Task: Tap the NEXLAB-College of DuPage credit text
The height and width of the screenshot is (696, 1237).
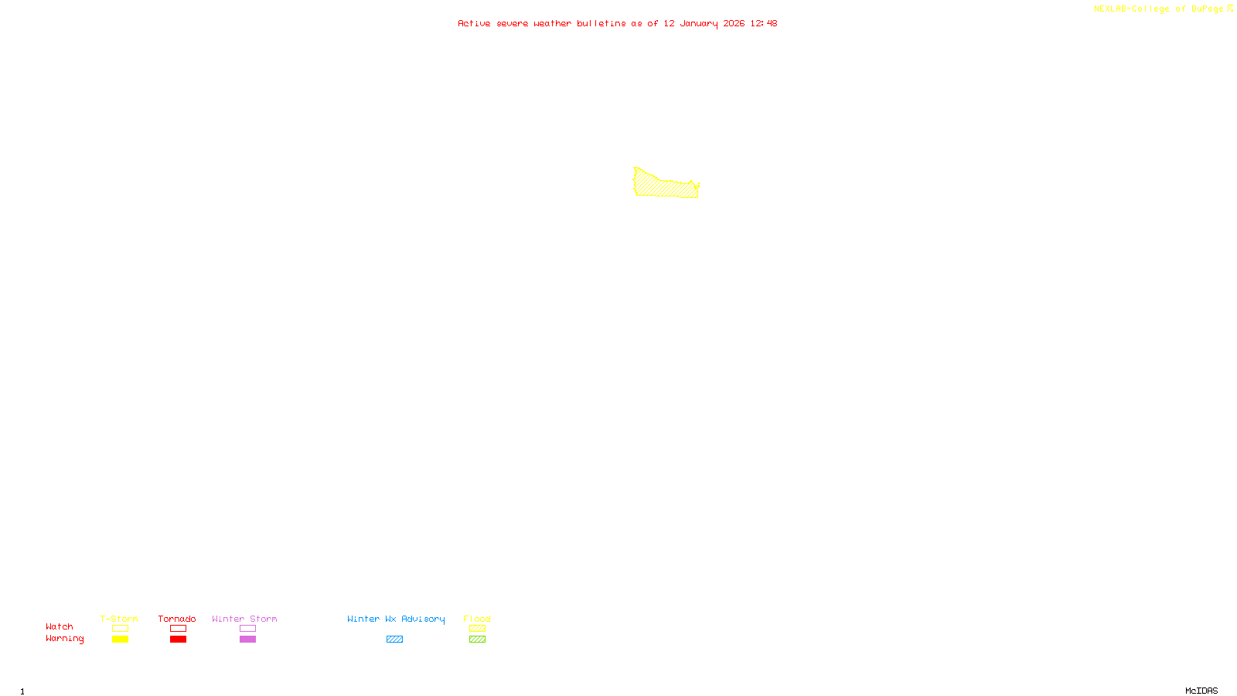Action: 1158,9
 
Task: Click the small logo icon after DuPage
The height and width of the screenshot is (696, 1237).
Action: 1230,9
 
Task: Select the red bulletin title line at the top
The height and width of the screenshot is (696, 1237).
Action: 617,23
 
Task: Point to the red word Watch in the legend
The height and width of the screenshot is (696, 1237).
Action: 60,626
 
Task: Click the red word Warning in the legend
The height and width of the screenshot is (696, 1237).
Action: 64,639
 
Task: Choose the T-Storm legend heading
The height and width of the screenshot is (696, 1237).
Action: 119,619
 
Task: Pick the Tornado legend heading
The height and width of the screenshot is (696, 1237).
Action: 177,619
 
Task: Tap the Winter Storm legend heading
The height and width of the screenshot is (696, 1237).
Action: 244,619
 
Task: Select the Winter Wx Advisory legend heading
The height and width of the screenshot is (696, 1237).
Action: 396,619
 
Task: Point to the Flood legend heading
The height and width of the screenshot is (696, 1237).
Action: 477,619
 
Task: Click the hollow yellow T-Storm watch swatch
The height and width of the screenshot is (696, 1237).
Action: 120,629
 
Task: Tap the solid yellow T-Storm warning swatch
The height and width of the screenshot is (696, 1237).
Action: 120,640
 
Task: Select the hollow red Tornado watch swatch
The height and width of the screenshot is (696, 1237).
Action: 178,629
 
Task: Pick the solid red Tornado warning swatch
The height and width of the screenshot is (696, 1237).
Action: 178,640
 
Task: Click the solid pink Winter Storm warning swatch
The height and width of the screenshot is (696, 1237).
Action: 247,640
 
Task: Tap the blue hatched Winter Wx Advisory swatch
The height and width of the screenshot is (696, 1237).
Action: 394,640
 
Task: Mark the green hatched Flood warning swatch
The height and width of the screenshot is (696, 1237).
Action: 477,640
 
